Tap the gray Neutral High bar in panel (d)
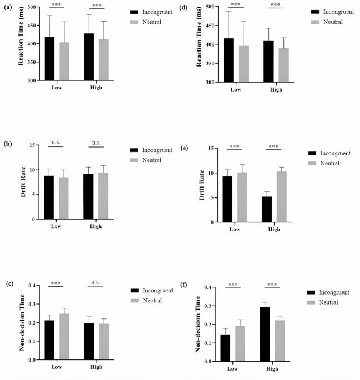[283, 65]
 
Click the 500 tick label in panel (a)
[35, 7]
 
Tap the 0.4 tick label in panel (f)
[207, 287]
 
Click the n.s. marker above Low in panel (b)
[56, 143]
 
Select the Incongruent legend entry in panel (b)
[153, 150]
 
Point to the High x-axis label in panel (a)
[97, 88]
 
